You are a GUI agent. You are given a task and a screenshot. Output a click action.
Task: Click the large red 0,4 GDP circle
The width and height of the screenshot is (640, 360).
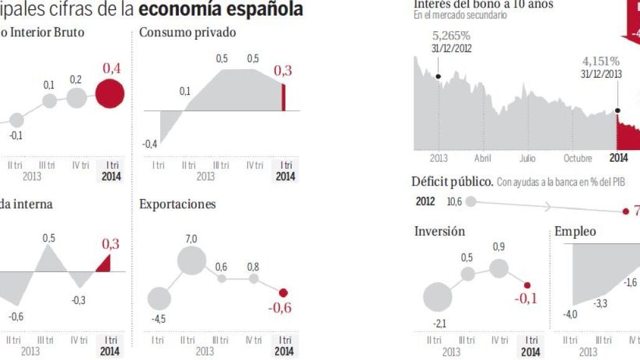pyautogui.click(x=110, y=93)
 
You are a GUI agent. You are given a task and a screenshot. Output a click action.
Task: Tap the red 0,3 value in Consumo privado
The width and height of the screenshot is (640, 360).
pyautogui.click(x=282, y=71)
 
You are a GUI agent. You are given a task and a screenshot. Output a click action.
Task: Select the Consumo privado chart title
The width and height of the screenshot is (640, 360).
pyautogui.click(x=188, y=32)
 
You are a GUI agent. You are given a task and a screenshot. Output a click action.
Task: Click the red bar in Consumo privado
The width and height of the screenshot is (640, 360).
pyautogui.click(x=284, y=97)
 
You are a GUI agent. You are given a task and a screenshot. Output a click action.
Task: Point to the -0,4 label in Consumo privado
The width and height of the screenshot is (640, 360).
pyautogui.click(x=150, y=144)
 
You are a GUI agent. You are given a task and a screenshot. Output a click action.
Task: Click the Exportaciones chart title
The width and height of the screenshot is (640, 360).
pyautogui.click(x=178, y=204)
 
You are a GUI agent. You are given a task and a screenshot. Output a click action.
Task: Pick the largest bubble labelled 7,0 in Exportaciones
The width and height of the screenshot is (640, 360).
pyautogui.click(x=191, y=260)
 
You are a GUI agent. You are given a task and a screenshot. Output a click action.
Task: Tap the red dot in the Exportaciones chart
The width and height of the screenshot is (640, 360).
pyautogui.click(x=284, y=292)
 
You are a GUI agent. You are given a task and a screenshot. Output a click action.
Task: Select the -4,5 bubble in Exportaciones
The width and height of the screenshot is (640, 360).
pyautogui.click(x=158, y=300)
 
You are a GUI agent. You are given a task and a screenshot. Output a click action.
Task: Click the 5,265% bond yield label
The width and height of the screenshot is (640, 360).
pyautogui.click(x=451, y=36)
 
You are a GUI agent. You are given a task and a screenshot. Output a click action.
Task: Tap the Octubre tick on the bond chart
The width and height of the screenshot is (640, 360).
pyautogui.click(x=577, y=158)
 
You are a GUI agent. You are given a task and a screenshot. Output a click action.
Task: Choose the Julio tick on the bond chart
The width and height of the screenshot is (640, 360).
pyautogui.click(x=527, y=158)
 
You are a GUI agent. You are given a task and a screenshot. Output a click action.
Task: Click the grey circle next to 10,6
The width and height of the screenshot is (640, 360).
pyautogui.click(x=471, y=201)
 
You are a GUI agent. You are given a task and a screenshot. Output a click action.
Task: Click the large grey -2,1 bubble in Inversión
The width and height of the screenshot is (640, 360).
pyautogui.click(x=437, y=297)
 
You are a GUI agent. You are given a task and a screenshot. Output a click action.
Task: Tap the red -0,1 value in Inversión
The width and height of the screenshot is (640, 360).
pyautogui.click(x=525, y=298)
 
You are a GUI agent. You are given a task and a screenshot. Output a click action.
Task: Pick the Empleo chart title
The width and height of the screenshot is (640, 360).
pyautogui.click(x=575, y=231)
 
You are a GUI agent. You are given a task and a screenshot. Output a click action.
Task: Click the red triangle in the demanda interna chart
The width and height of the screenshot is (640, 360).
pyautogui.click(x=104, y=264)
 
